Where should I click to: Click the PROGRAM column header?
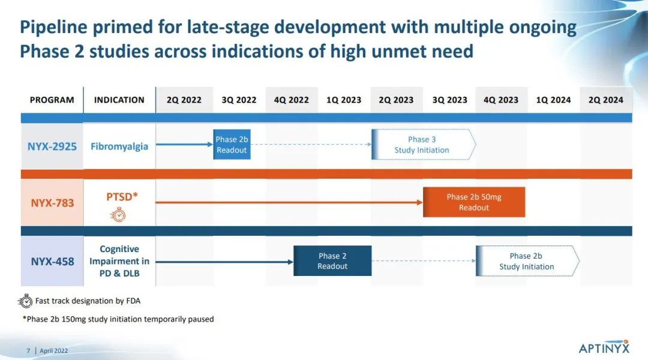(x=52, y=100)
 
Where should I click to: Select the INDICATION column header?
(x=119, y=100)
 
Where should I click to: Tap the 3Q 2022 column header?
(x=239, y=100)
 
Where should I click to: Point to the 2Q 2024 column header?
(x=606, y=100)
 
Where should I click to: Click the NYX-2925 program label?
(x=52, y=146)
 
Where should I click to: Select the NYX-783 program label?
(x=52, y=203)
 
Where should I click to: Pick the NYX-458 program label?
(x=52, y=261)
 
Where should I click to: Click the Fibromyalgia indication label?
(x=119, y=146)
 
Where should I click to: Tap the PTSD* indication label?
(x=122, y=197)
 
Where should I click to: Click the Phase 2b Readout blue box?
(x=232, y=145)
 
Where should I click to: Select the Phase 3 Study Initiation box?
(x=424, y=145)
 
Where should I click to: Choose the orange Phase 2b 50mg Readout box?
(x=474, y=202)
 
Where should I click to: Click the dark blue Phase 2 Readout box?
(x=332, y=261)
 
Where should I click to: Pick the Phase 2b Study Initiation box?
(x=527, y=261)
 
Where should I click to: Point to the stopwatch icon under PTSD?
(x=118, y=215)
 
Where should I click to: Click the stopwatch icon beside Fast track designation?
(x=25, y=301)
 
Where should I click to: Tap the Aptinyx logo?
(x=604, y=347)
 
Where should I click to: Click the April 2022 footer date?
(x=54, y=351)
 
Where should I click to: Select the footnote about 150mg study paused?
(x=118, y=319)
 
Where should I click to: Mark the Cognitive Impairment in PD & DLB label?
(x=119, y=261)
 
